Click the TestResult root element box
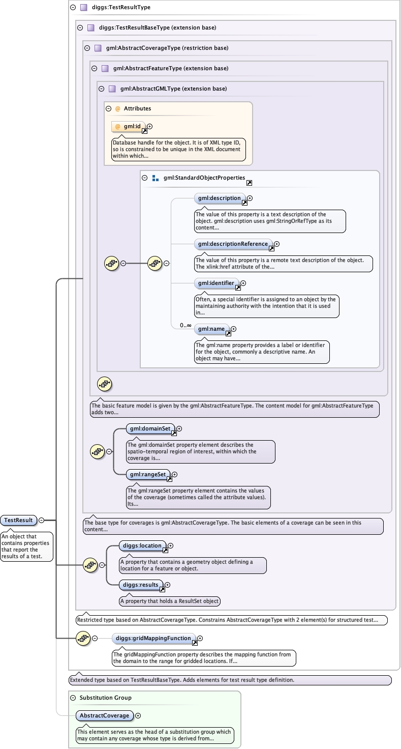click(18, 520)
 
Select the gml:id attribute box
click(128, 126)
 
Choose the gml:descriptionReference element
click(233, 244)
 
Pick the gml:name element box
click(211, 329)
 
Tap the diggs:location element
click(141, 545)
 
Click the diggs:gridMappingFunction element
click(153, 638)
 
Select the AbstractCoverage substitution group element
click(104, 715)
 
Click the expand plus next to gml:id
click(150, 126)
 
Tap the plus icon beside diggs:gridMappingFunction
click(200, 638)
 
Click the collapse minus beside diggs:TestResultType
click(73, 8)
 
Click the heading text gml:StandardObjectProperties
click(204, 178)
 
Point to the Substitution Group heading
click(105, 698)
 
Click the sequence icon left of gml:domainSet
click(97, 451)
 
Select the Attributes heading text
click(137, 108)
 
